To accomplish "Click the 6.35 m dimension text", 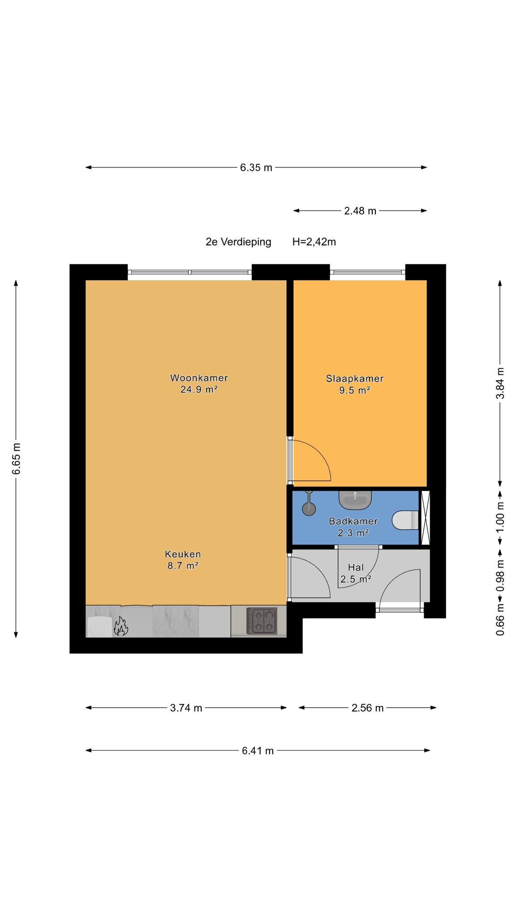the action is (256, 168).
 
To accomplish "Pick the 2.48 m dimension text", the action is (360, 211).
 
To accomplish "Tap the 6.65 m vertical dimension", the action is (16, 458).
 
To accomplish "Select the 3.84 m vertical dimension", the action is (500, 383).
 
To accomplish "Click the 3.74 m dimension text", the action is (186, 708).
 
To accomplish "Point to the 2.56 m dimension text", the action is (367, 708).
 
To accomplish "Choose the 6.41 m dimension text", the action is (258, 751).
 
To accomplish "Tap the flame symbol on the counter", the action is (120, 626).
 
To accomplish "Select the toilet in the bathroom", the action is (405, 520).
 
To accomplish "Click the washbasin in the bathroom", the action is (355, 500).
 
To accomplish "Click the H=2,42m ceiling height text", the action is (314, 242).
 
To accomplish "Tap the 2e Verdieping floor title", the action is (238, 242).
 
